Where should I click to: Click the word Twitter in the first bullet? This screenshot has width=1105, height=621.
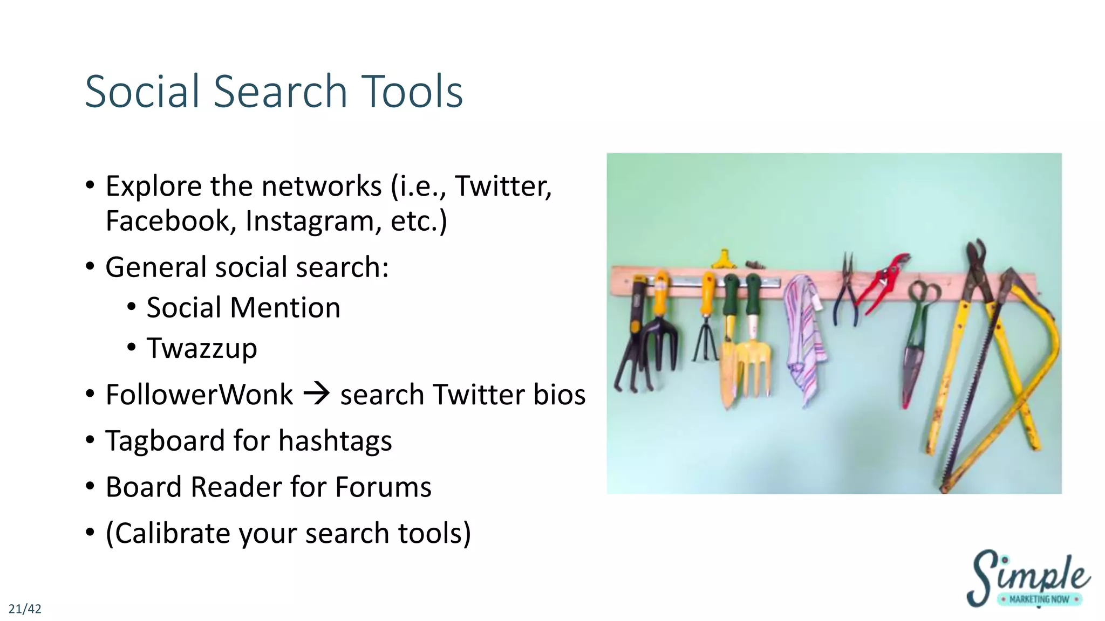click(503, 187)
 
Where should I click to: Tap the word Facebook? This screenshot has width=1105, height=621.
click(168, 221)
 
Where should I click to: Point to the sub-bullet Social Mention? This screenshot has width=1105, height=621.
click(243, 308)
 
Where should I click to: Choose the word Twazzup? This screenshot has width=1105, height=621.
click(202, 348)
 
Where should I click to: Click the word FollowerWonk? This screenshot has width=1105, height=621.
click(199, 395)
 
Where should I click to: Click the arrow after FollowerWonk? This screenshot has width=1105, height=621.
click(317, 394)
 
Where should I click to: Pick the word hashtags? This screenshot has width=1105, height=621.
click(335, 441)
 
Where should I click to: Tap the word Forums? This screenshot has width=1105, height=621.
click(383, 487)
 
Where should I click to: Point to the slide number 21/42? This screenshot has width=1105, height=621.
click(25, 609)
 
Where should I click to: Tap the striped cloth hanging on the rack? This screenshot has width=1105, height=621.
click(804, 340)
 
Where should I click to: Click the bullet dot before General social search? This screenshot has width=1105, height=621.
click(90, 267)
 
